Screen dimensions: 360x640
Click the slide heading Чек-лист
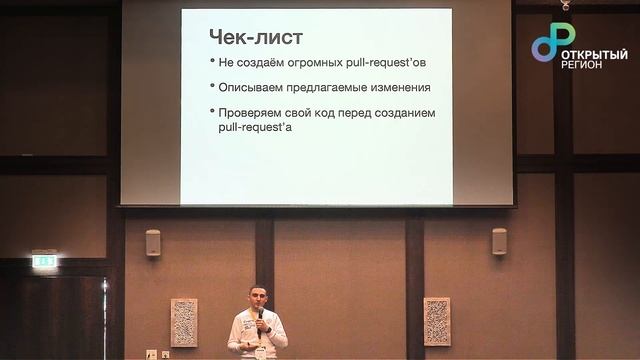(x=255, y=37)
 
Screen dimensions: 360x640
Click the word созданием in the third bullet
(x=405, y=113)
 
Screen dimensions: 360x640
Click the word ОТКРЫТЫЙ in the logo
(x=594, y=54)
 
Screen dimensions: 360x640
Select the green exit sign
(x=44, y=260)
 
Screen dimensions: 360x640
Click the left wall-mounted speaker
(x=153, y=243)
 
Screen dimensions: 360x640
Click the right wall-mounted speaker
(x=499, y=241)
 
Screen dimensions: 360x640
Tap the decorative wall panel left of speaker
(x=184, y=322)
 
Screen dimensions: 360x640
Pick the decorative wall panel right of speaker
(x=437, y=321)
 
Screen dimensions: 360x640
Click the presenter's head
(x=257, y=298)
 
